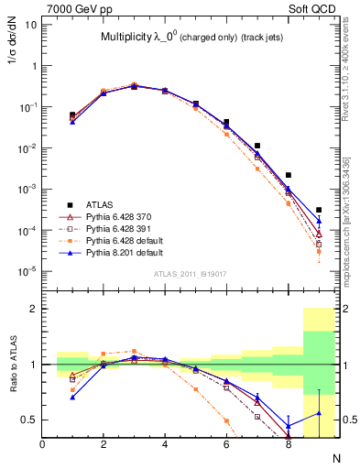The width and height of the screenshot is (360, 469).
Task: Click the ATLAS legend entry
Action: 98,205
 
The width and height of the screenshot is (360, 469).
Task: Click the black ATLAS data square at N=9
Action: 319,210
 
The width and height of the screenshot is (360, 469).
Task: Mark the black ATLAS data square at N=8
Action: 289,175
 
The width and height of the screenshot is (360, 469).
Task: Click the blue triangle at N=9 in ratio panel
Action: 319,413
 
